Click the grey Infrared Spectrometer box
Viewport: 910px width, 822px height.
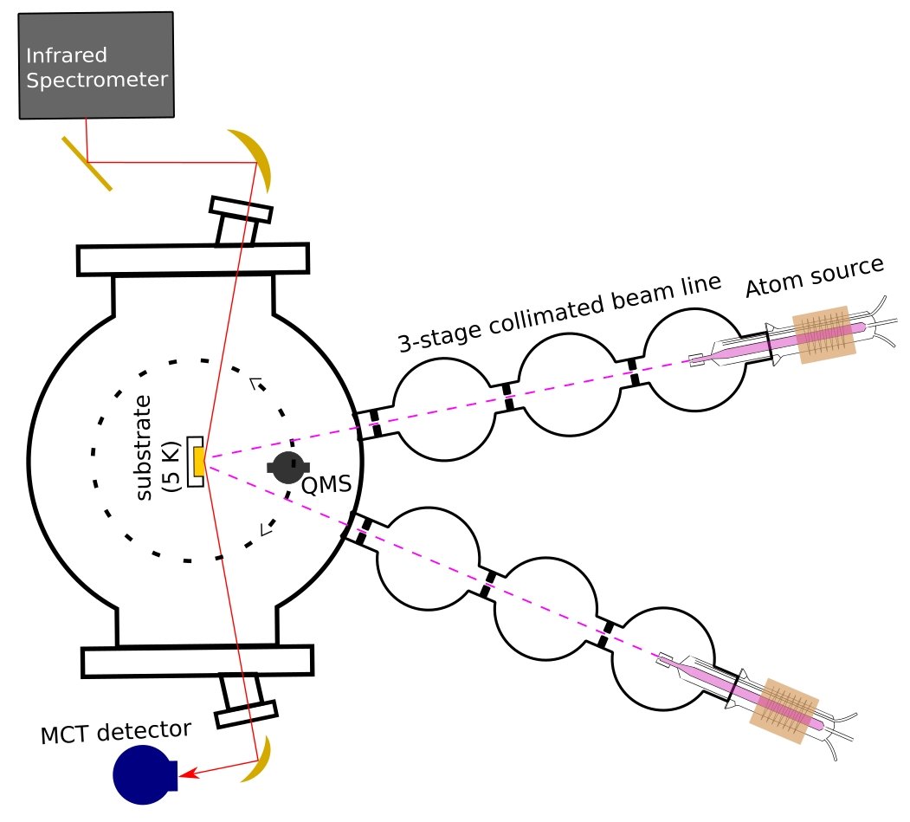[96, 65]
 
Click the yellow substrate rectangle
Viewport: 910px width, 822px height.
[199, 462]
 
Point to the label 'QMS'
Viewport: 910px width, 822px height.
[326, 485]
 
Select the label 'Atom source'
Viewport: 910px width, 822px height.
[815, 276]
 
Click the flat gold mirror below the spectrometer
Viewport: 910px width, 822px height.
[87, 163]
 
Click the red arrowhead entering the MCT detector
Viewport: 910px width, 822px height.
[186, 773]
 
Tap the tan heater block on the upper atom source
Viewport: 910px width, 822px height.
[826, 334]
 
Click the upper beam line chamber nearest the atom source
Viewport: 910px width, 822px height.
[693, 361]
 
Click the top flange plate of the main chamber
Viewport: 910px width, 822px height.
[193, 258]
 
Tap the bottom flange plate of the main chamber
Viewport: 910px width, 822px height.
[197, 661]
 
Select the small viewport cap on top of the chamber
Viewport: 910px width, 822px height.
[241, 209]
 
